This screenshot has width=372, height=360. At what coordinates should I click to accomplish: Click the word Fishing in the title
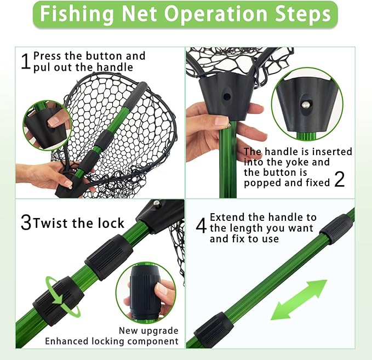click(73, 15)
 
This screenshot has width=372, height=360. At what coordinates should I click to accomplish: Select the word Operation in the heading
click(211, 15)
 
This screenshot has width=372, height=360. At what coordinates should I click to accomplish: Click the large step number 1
click(26, 61)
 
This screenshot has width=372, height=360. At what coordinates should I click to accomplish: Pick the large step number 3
click(26, 223)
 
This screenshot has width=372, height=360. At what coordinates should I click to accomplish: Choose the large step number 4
click(201, 226)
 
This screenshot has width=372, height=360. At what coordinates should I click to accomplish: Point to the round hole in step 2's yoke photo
click(227, 96)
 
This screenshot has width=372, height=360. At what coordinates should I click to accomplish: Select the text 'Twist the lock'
click(79, 224)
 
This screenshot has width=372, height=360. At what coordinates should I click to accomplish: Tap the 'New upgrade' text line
click(148, 330)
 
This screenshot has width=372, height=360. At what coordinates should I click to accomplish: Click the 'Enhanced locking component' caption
click(112, 341)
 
